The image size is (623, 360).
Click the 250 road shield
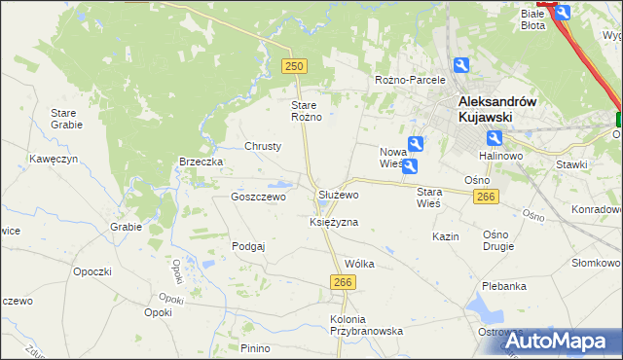tap(295, 65)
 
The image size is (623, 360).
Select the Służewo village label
tap(339, 195)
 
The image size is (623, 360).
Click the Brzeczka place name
tap(202, 162)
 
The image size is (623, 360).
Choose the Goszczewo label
tap(257, 197)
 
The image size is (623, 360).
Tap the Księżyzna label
tap(334, 222)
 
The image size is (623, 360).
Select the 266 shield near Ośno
tap(488, 198)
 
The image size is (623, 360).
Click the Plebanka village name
tap(504, 286)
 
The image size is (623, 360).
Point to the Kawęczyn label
tap(54, 158)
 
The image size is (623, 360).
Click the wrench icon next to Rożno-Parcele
tap(461, 65)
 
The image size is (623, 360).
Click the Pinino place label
tap(255, 348)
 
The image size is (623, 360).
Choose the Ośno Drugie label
tap(502, 241)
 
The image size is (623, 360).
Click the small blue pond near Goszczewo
tap(279, 183)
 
